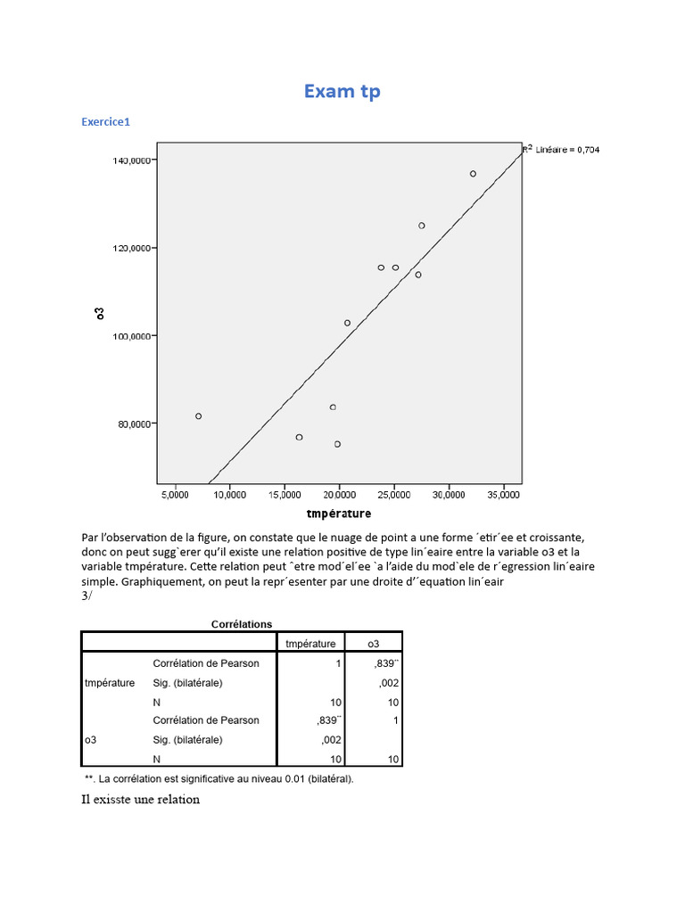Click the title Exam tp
[342, 91]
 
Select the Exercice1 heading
[105, 122]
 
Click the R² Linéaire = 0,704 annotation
[561, 150]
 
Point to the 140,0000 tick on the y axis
[130, 160]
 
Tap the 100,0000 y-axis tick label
[130, 336]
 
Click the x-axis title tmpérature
[338, 514]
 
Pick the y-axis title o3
[100, 313]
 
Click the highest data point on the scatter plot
[473, 174]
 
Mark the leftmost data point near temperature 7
[198, 416]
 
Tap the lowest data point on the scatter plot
[337, 444]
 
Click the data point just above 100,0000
[347, 323]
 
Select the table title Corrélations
[242, 624]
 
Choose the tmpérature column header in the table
[309, 643]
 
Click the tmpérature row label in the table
[110, 683]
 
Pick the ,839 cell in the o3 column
[385, 664]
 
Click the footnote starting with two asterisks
[219, 778]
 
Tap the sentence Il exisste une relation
[140, 800]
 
